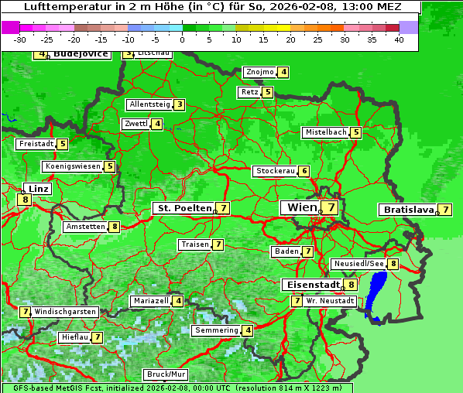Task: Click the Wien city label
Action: tap(301, 207)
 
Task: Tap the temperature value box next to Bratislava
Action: tap(445, 210)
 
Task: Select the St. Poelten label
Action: tap(183, 208)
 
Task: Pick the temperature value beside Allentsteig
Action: tap(179, 104)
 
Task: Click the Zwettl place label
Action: tap(135, 124)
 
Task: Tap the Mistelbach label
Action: tap(325, 132)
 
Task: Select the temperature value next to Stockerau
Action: tap(304, 171)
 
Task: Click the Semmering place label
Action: tap(216, 330)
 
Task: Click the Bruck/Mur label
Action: tap(166, 374)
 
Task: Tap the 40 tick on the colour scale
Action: tap(399, 39)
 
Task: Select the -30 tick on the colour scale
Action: tap(20, 39)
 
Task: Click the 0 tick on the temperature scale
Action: tap(182, 39)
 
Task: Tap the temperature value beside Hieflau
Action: tap(98, 337)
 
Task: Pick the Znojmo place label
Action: tap(259, 72)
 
